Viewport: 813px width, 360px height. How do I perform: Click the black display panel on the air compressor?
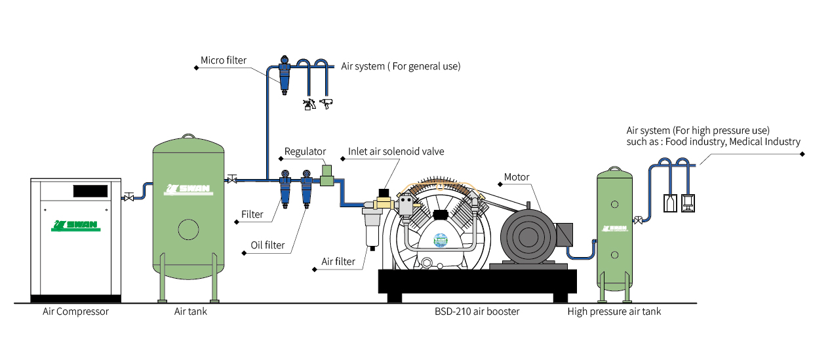tap(90, 191)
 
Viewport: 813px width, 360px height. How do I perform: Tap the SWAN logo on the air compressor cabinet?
tap(76, 226)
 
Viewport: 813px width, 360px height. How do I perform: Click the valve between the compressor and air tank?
tap(129, 197)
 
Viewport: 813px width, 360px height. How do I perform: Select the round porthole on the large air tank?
tap(188, 230)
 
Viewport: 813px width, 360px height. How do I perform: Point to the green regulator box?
tap(327, 176)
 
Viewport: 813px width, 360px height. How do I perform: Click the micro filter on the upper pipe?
tap(285, 75)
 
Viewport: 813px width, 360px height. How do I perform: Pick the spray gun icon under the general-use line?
tap(309, 104)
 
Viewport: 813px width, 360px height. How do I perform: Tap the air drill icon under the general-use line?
tap(327, 104)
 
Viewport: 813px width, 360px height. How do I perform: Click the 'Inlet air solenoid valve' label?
tap(396, 151)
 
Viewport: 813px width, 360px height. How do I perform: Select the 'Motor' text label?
tap(517, 177)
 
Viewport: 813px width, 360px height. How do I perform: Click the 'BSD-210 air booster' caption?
tap(477, 311)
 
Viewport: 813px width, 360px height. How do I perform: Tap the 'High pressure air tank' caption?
tap(614, 311)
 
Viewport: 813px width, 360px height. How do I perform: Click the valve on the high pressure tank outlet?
tap(638, 220)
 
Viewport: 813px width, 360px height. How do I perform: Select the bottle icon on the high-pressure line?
tap(670, 203)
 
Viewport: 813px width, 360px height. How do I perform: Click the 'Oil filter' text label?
tap(268, 245)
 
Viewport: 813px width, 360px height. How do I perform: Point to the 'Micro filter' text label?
tap(223, 60)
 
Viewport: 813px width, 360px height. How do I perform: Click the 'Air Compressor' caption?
tap(75, 311)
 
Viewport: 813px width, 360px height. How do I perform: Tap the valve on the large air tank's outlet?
tap(232, 179)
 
